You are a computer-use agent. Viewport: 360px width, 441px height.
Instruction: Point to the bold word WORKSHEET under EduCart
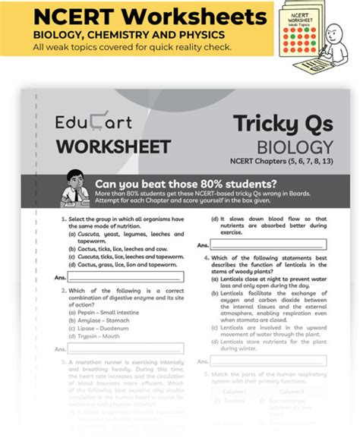[101, 146]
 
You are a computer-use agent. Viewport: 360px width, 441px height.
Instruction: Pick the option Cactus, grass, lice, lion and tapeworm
[119, 266]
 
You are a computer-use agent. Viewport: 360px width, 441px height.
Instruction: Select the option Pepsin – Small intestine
[111, 313]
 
